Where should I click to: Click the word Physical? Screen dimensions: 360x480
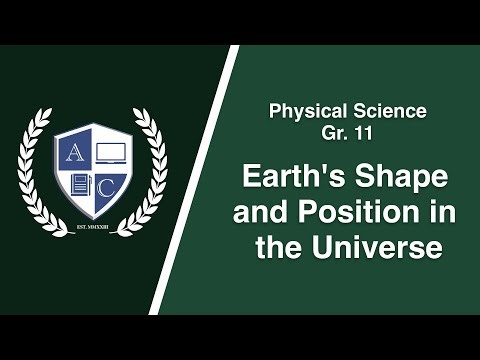pyautogui.click(x=306, y=109)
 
